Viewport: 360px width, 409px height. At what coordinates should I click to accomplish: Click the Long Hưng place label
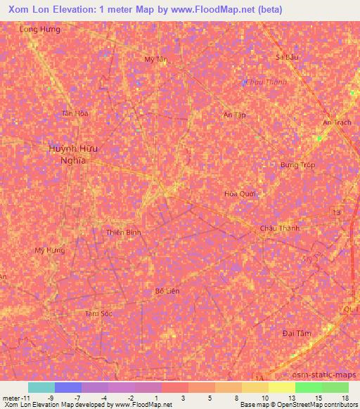click(x=40, y=30)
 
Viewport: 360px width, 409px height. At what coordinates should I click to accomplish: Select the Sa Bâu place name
click(x=288, y=56)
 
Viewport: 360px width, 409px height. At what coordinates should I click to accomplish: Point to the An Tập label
click(x=234, y=115)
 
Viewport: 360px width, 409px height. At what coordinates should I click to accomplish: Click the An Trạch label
click(x=337, y=122)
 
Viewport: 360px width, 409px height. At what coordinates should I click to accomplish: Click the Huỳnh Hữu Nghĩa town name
click(x=72, y=154)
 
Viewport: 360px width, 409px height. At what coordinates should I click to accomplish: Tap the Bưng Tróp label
click(x=297, y=165)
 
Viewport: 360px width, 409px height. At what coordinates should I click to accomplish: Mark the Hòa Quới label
click(x=239, y=194)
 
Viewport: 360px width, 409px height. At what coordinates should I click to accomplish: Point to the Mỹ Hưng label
click(x=49, y=250)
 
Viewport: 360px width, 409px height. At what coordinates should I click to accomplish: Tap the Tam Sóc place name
click(x=98, y=313)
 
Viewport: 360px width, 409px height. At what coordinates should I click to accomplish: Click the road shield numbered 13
click(x=337, y=212)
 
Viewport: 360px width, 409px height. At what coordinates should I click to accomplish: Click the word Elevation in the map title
click(x=82, y=9)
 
